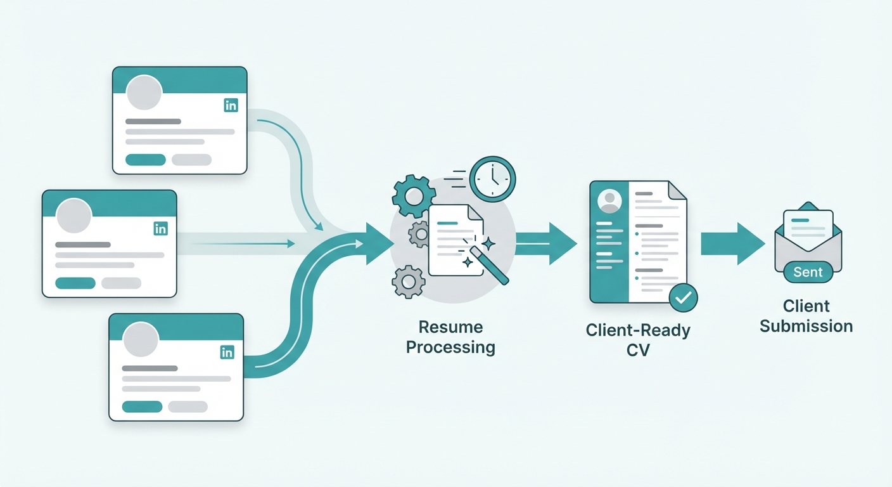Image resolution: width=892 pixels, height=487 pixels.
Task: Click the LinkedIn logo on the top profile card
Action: click(231, 105)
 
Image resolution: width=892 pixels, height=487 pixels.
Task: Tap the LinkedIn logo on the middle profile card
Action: click(161, 228)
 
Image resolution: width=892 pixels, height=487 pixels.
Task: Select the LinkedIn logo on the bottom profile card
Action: click(227, 353)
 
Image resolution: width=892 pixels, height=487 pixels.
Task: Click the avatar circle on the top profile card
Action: click(144, 93)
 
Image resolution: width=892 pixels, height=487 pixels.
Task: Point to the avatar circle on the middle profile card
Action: click(74, 216)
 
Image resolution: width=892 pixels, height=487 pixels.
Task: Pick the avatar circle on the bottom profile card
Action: click(141, 339)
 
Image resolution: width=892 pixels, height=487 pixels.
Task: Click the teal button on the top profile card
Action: click(146, 160)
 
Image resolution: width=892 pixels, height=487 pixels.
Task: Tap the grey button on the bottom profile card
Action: click(188, 406)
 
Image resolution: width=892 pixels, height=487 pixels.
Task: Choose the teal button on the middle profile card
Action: click(75, 283)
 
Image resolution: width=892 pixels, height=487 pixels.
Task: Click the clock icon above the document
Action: click(493, 179)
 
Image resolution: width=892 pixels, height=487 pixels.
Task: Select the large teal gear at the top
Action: click(414, 197)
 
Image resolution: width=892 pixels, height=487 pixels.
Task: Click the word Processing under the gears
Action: click(450, 347)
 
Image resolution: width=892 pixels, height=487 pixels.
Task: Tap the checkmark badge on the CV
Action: click(682, 297)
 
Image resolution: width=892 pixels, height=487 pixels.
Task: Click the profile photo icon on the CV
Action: click(609, 200)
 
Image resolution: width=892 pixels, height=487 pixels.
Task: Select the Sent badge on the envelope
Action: click(808, 273)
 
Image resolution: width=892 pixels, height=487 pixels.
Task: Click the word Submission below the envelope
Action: click(806, 327)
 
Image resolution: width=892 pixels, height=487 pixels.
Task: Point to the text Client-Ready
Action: click(638, 330)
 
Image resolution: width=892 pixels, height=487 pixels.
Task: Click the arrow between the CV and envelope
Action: click(732, 243)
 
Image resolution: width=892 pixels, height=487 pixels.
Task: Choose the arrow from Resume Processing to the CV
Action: click(546, 243)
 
